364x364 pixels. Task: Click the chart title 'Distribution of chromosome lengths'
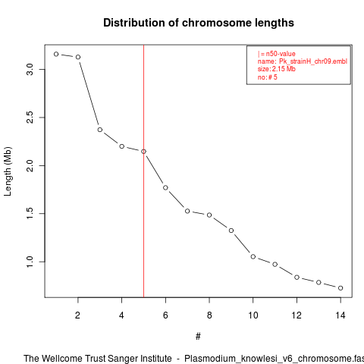pos(199,23)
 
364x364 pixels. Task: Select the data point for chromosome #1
pos(56,54)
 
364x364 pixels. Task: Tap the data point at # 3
pos(100,130)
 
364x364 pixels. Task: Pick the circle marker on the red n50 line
pos(143,152)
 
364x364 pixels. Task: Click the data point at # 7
pos(187,211)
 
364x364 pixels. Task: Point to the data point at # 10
pos(253,256)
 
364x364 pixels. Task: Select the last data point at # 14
pos(340,288)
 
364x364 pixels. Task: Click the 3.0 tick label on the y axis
pos(30,69)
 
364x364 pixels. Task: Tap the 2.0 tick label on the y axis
pos(30,165)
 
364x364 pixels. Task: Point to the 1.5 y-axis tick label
pos(30,214)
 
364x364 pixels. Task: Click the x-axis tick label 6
pos(165,315)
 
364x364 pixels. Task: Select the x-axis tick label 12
pos(297,315)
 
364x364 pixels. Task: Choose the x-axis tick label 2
pos(77,315)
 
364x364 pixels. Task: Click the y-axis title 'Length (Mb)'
pos(8,171)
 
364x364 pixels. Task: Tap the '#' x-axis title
pos(198,337)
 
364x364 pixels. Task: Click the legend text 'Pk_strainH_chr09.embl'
pos(313,61)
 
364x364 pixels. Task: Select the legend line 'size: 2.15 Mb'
pos(277,69)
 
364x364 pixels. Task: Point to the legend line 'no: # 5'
pos(268,77)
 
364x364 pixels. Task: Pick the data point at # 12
pos(297,278)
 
